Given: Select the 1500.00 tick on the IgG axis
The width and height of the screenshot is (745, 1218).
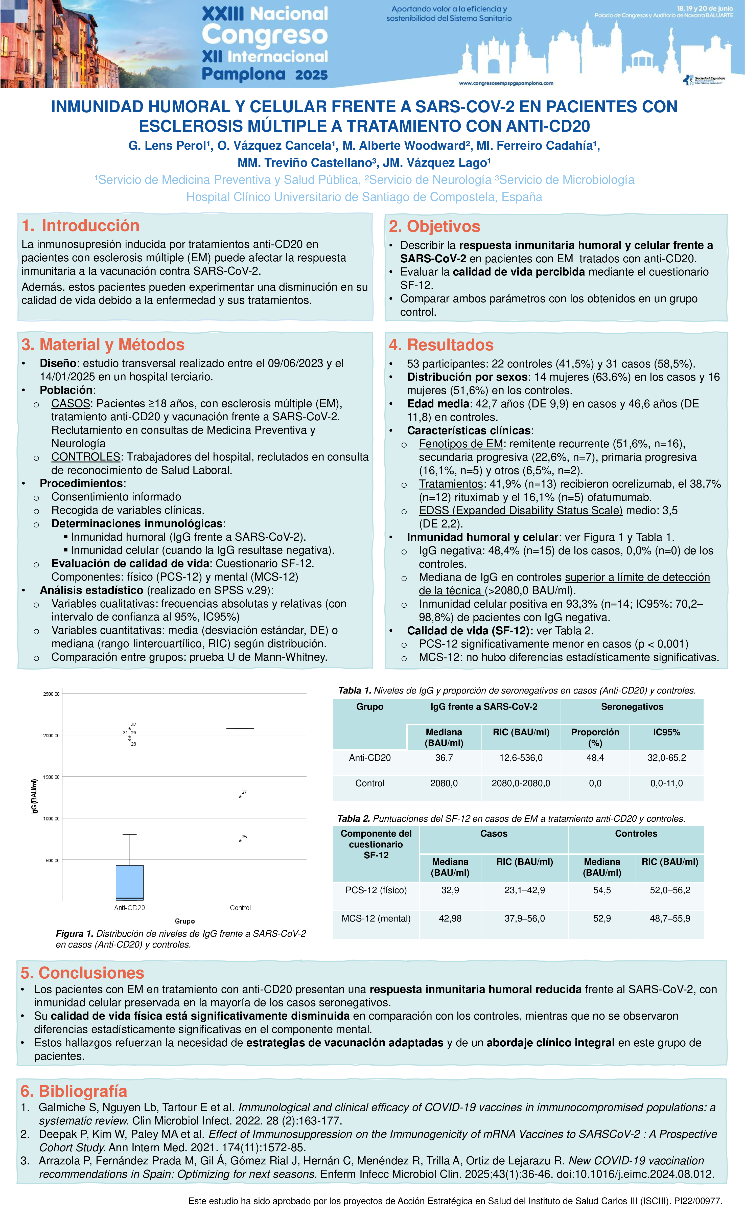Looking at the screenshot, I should click(51, 777).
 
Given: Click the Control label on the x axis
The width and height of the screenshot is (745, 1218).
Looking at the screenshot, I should click(240, 908).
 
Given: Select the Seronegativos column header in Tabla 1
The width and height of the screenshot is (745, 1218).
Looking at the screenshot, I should click(632, 707).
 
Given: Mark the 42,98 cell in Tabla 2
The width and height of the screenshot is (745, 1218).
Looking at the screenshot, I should click(450, 918).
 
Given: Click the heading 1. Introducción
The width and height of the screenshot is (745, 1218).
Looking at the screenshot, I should click(81, 225).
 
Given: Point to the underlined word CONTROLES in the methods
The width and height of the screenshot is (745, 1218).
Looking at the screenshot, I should click(85, 457).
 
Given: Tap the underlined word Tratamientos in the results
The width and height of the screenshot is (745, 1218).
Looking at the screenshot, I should click(450, 484).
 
